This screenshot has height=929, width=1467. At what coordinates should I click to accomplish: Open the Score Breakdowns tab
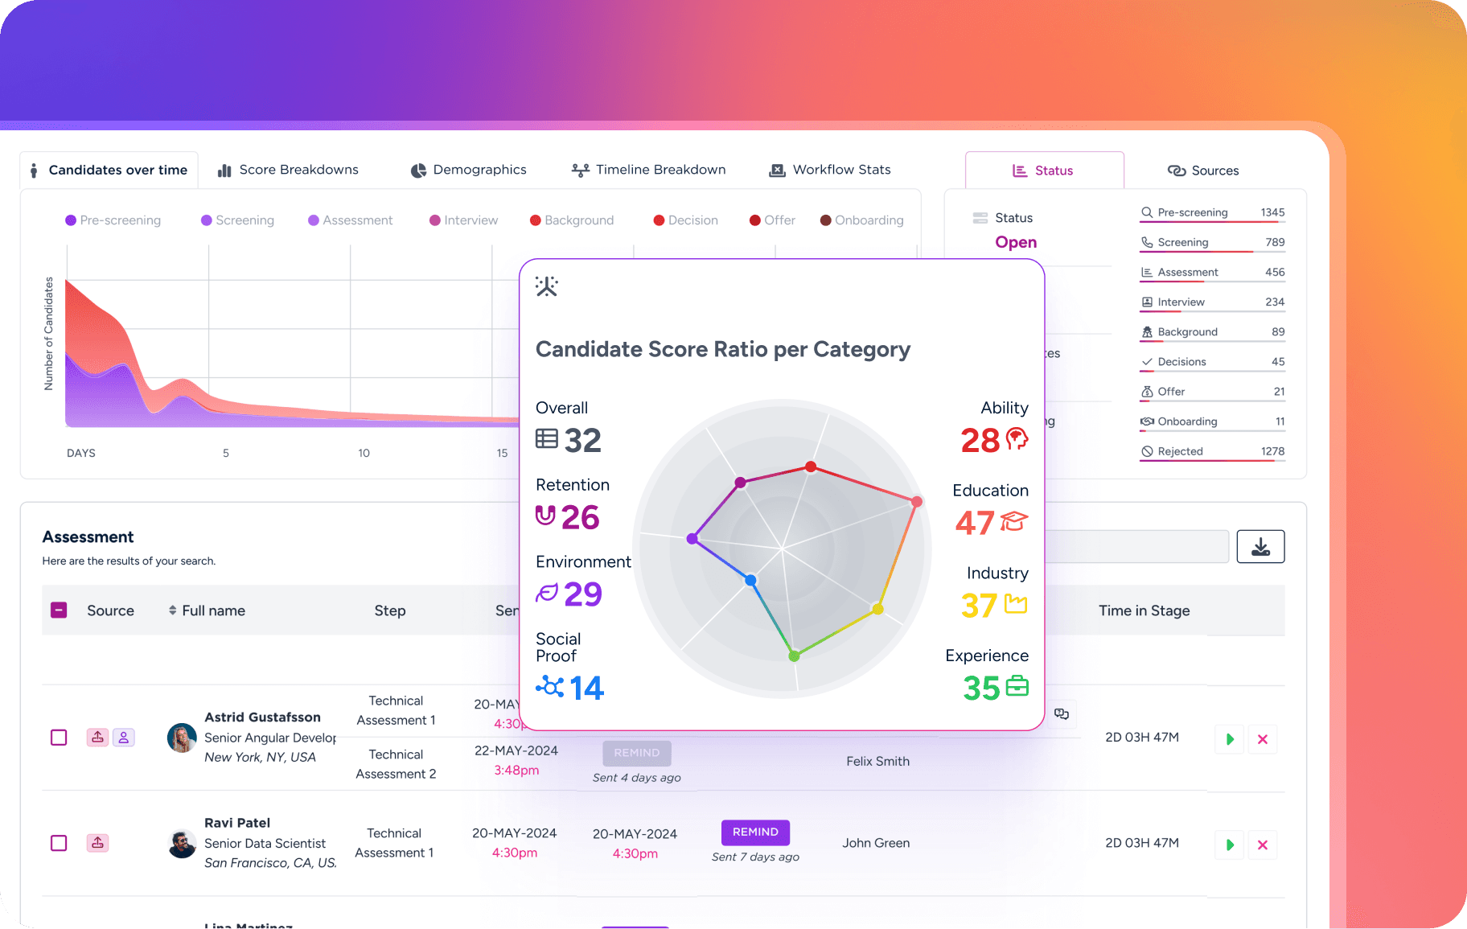click(x=289, y=170)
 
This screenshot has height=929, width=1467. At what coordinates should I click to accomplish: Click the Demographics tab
click(x=469, y=170)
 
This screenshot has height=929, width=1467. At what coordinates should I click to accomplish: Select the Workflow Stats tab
click(x=831, y=170)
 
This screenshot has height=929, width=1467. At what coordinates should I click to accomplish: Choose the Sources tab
click(x=1203, y=171)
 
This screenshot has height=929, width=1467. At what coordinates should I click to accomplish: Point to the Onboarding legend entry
click(x=862, y=220)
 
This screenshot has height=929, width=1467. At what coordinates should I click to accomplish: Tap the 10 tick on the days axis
click(x=364, y=453)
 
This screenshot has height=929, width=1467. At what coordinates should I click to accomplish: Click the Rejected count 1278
click(x=1272, y=451)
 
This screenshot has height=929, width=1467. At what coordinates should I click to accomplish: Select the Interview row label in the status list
click(x=1181, y=302)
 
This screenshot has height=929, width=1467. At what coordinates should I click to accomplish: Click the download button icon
click(x=1260, y=547)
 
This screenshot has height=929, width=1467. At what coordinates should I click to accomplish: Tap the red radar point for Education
click(x=916, y=502)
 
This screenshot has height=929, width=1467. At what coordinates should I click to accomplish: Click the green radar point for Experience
click(x=794, y=656)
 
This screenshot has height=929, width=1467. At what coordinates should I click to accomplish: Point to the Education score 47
click(x=975, y=523)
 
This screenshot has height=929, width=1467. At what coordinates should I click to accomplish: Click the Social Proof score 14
click(x=586, y=689)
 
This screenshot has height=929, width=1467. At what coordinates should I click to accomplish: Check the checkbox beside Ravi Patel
click(x=59, y=843)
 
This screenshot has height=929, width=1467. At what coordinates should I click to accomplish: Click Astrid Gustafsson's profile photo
click(x=182, y=737)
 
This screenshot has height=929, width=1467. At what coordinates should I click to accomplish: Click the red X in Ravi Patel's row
click(x=1263, y=845)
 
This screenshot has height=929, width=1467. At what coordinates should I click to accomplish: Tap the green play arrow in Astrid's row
click(x=1230, y=739)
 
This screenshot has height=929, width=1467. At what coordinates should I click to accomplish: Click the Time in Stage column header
click(x=1144, y=610)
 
